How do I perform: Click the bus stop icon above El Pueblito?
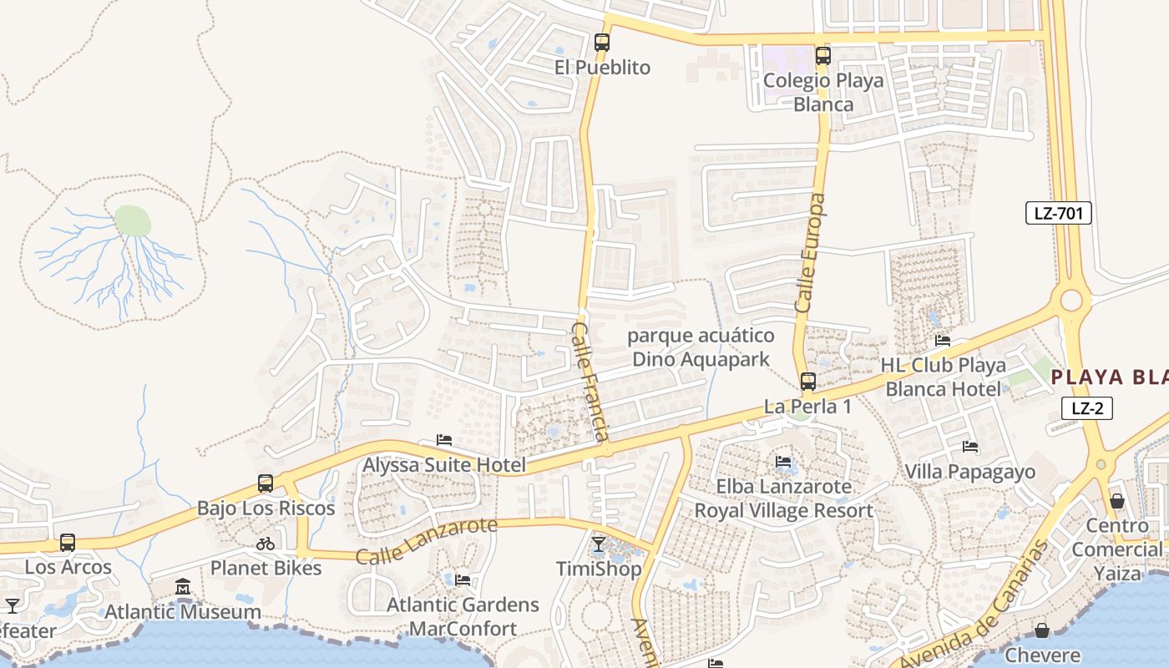tap(602, 42)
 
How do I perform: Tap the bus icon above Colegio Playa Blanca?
tap(823, 56)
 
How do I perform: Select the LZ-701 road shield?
tap(1058, 213)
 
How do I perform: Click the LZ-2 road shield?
tap(1087, 408)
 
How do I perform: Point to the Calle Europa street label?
tap(810, 254)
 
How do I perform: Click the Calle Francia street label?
tap(589, 382)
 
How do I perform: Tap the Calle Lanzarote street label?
tap(427, 542)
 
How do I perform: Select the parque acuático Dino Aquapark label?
tap(701, 347)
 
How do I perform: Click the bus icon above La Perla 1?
tap(808, 382)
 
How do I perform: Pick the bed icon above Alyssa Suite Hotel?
tap(444, 440)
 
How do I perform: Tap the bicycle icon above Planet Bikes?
tap(266, 544)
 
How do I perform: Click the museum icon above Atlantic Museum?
tap(183, 587)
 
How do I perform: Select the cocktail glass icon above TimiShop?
tap(598, 544)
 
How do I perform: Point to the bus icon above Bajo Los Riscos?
tap(266, 483)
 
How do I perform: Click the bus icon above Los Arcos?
tap(68, 542)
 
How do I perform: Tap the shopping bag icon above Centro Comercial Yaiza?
tap(1117, 501)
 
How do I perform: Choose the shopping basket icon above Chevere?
tap(1042, 630)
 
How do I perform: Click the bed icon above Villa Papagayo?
tap(970, 447)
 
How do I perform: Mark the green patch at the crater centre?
tap(133, 221)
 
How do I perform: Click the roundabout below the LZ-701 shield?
tap(1071, 300)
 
